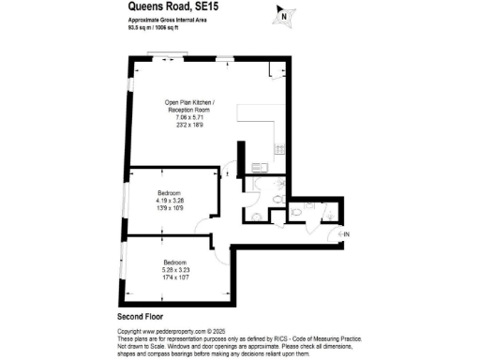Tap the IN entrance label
pos(345,232)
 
